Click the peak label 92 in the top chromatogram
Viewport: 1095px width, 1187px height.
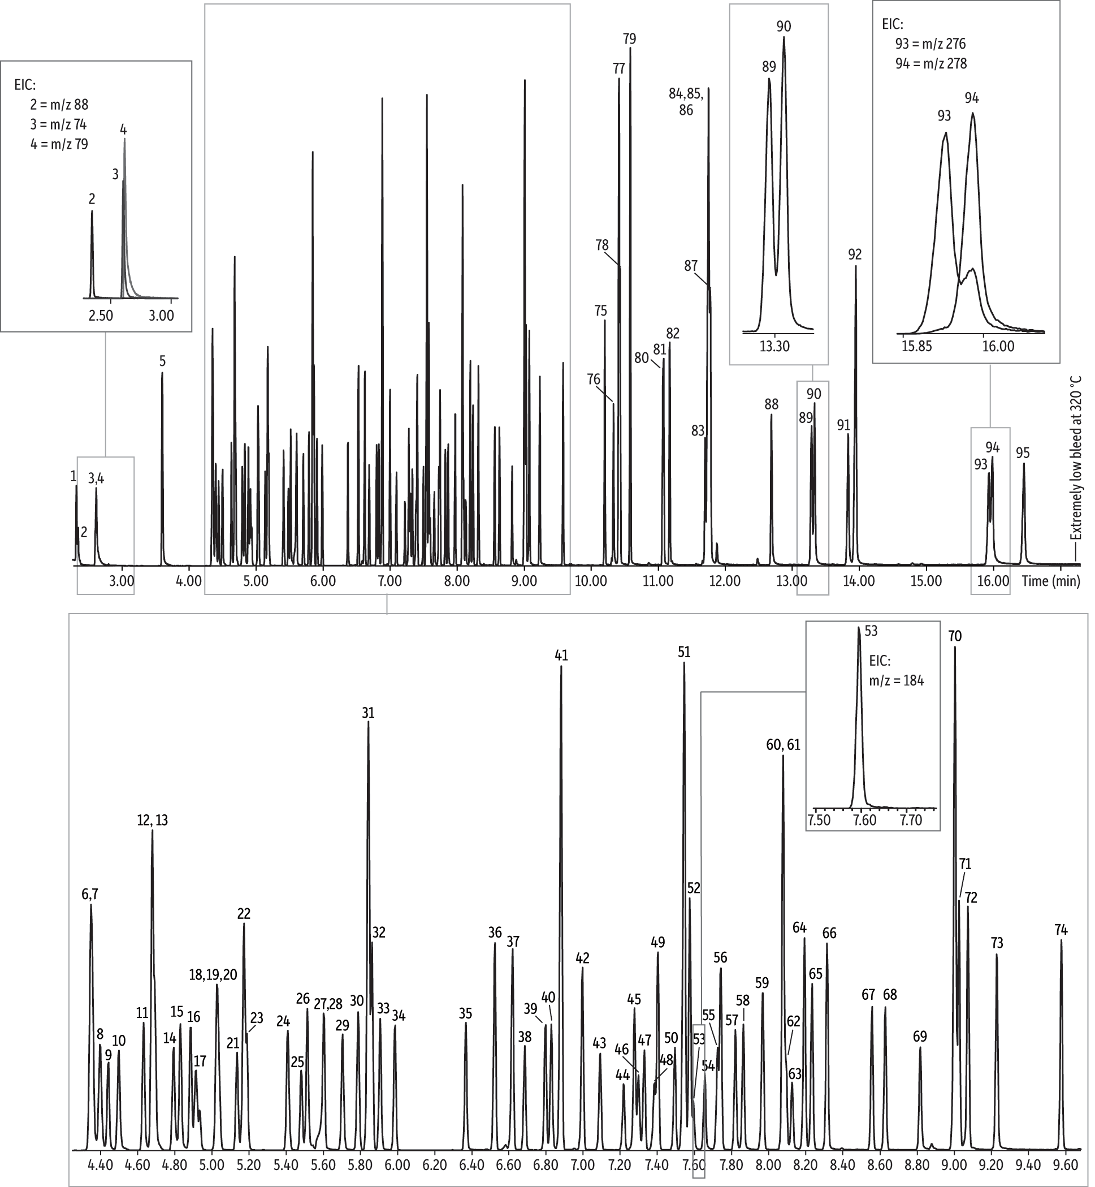point(854,255)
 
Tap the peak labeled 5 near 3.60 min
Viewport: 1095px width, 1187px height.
point(162,361)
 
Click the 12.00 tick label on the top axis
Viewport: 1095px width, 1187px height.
point(725,581)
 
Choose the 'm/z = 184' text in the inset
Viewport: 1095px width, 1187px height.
point(896,681)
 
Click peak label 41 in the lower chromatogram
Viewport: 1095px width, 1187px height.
point(561,655)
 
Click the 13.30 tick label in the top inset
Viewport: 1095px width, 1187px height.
point(774,346)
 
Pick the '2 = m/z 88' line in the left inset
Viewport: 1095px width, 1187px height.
point(59,105)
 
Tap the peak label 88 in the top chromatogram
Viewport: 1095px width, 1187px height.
point(771,404)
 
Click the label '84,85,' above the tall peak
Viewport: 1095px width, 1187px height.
point(686,94)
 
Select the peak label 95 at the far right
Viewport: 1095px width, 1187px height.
point(1023,454)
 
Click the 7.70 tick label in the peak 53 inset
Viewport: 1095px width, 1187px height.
point(911,820)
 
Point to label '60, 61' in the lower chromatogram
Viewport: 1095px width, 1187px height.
point(783,745)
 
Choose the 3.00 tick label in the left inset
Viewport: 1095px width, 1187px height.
point(161,315)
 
